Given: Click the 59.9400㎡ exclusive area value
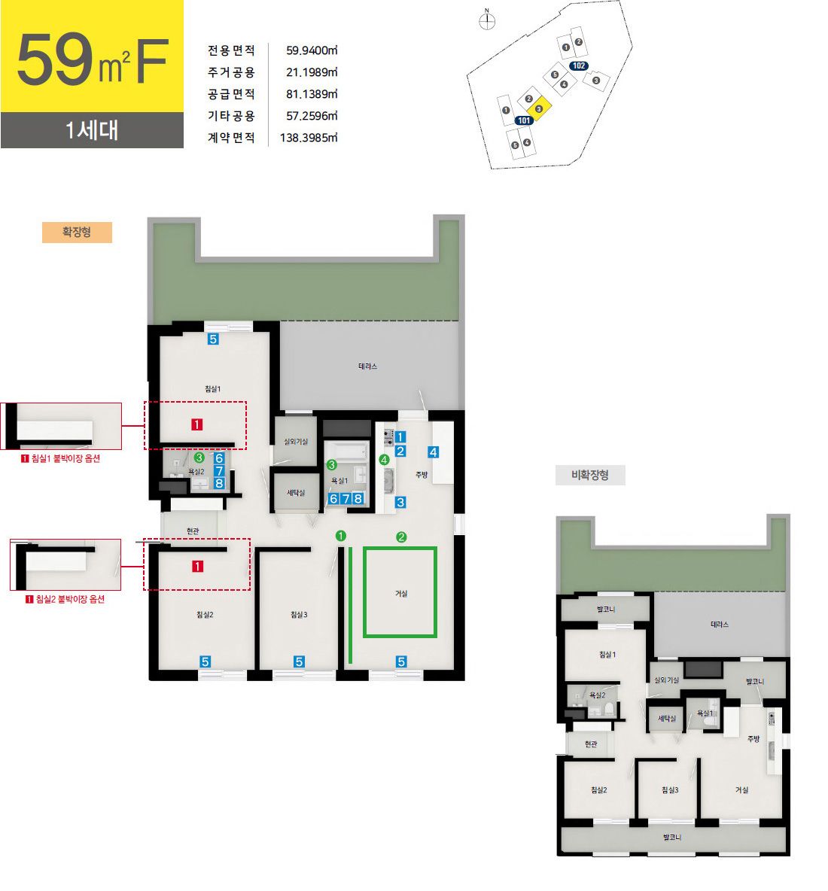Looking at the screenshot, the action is [x=312, y=50].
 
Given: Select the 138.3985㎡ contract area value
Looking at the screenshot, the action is [x=309, y=138].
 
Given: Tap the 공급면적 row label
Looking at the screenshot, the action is [x=231, y=94].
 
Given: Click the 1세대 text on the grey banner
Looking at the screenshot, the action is [x=92, y=130].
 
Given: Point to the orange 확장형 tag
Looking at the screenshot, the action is [x=77, y=232].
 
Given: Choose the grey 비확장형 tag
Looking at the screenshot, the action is [x=590, y=475].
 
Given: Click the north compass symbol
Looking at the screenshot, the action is [x=487, y=21].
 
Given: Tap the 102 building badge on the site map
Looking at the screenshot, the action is [x=579, y=66].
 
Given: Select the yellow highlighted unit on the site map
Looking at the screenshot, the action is [x=539, y=108].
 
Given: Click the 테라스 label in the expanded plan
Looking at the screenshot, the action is [x=367, y=366].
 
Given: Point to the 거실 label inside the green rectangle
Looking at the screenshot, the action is [x=401, y=594].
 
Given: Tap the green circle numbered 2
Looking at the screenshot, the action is [x=401, y=537].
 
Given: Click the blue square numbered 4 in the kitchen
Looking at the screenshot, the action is [x=433, y=452].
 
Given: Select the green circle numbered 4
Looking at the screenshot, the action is [x=384, y=460].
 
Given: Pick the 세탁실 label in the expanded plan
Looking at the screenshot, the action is [x=296, y=493].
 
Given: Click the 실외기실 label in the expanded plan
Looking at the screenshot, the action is [x=296, y=442].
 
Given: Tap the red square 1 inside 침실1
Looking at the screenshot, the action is [x=196, y=424].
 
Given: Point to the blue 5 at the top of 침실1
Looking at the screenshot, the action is [x=213, y=339].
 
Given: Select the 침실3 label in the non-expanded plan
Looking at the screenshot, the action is [x=670, y=790].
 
